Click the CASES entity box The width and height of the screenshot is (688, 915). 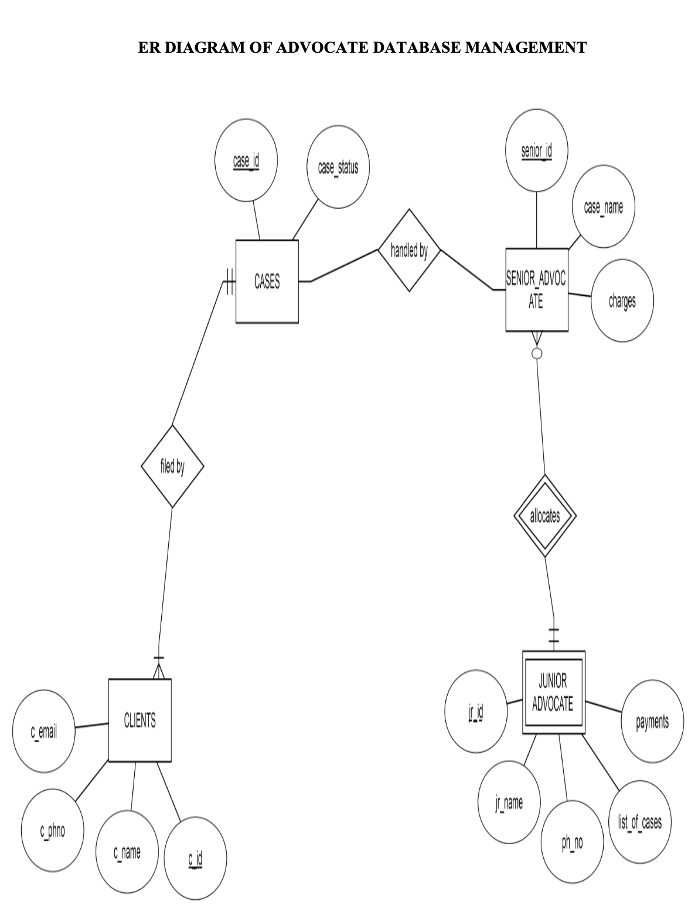(267, 281)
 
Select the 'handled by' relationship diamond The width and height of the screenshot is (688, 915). (409, 251)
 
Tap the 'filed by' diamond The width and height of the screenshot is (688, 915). (172, 466)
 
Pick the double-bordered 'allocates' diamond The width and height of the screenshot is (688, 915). (544, 516)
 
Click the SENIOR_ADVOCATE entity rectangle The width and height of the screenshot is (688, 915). (536, 290)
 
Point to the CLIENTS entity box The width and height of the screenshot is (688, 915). (139, 721)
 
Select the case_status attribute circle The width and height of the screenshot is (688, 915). (338, 167)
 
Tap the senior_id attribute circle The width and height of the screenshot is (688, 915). (536, 151)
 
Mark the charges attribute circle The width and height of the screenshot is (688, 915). (622, 301)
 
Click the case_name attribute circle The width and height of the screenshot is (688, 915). (603, 207)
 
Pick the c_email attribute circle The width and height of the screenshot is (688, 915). (43, 730)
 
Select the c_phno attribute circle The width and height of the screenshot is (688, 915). (52, 830)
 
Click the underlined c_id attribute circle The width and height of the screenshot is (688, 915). (195, 859)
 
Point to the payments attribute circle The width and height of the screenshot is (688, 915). (652, 722)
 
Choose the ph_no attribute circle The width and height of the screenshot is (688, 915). (572, 843)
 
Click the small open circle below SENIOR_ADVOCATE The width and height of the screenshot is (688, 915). (536, 353)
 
